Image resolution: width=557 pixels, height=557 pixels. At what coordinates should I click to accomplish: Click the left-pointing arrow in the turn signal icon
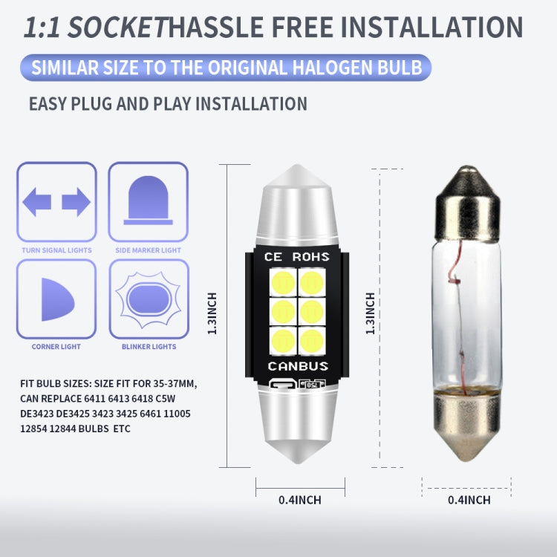[x=36, y=202]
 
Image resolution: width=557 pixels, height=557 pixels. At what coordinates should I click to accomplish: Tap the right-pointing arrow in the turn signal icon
[x=76, y=202]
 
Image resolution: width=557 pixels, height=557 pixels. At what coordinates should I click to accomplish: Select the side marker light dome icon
[x=148, y=201]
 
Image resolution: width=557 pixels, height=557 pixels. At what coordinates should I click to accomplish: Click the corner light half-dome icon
[x=58, y=299]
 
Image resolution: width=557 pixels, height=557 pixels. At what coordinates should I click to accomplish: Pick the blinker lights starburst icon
[x=149, y=299]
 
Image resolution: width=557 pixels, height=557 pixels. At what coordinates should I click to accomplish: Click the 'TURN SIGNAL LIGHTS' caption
[x=57, y=250]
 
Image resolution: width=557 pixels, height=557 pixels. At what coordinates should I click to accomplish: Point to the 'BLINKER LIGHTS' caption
[x=149, y=346]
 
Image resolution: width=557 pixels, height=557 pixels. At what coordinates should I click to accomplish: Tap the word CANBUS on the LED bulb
[x=298, y=366]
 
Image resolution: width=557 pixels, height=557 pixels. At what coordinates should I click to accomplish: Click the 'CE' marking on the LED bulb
[x=273, y=256]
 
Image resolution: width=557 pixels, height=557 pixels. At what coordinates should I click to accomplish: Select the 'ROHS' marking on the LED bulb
[x=311, y=256]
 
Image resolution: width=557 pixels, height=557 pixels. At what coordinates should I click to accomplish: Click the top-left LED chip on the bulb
[x=283, y=282]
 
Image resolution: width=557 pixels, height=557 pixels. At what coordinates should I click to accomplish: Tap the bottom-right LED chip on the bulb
[x=312, y=341]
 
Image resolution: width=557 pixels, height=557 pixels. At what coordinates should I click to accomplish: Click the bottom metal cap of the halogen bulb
[x=467, y=426]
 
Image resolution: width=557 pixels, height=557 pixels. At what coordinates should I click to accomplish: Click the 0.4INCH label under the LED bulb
[x=300, y=500]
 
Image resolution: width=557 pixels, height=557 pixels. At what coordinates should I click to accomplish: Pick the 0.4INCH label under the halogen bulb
[x=469, y=500]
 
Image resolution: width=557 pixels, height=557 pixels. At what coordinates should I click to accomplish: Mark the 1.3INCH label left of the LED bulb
[x=212, y=313]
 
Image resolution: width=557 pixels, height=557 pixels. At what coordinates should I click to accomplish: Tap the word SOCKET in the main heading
[x=117, y=27]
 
